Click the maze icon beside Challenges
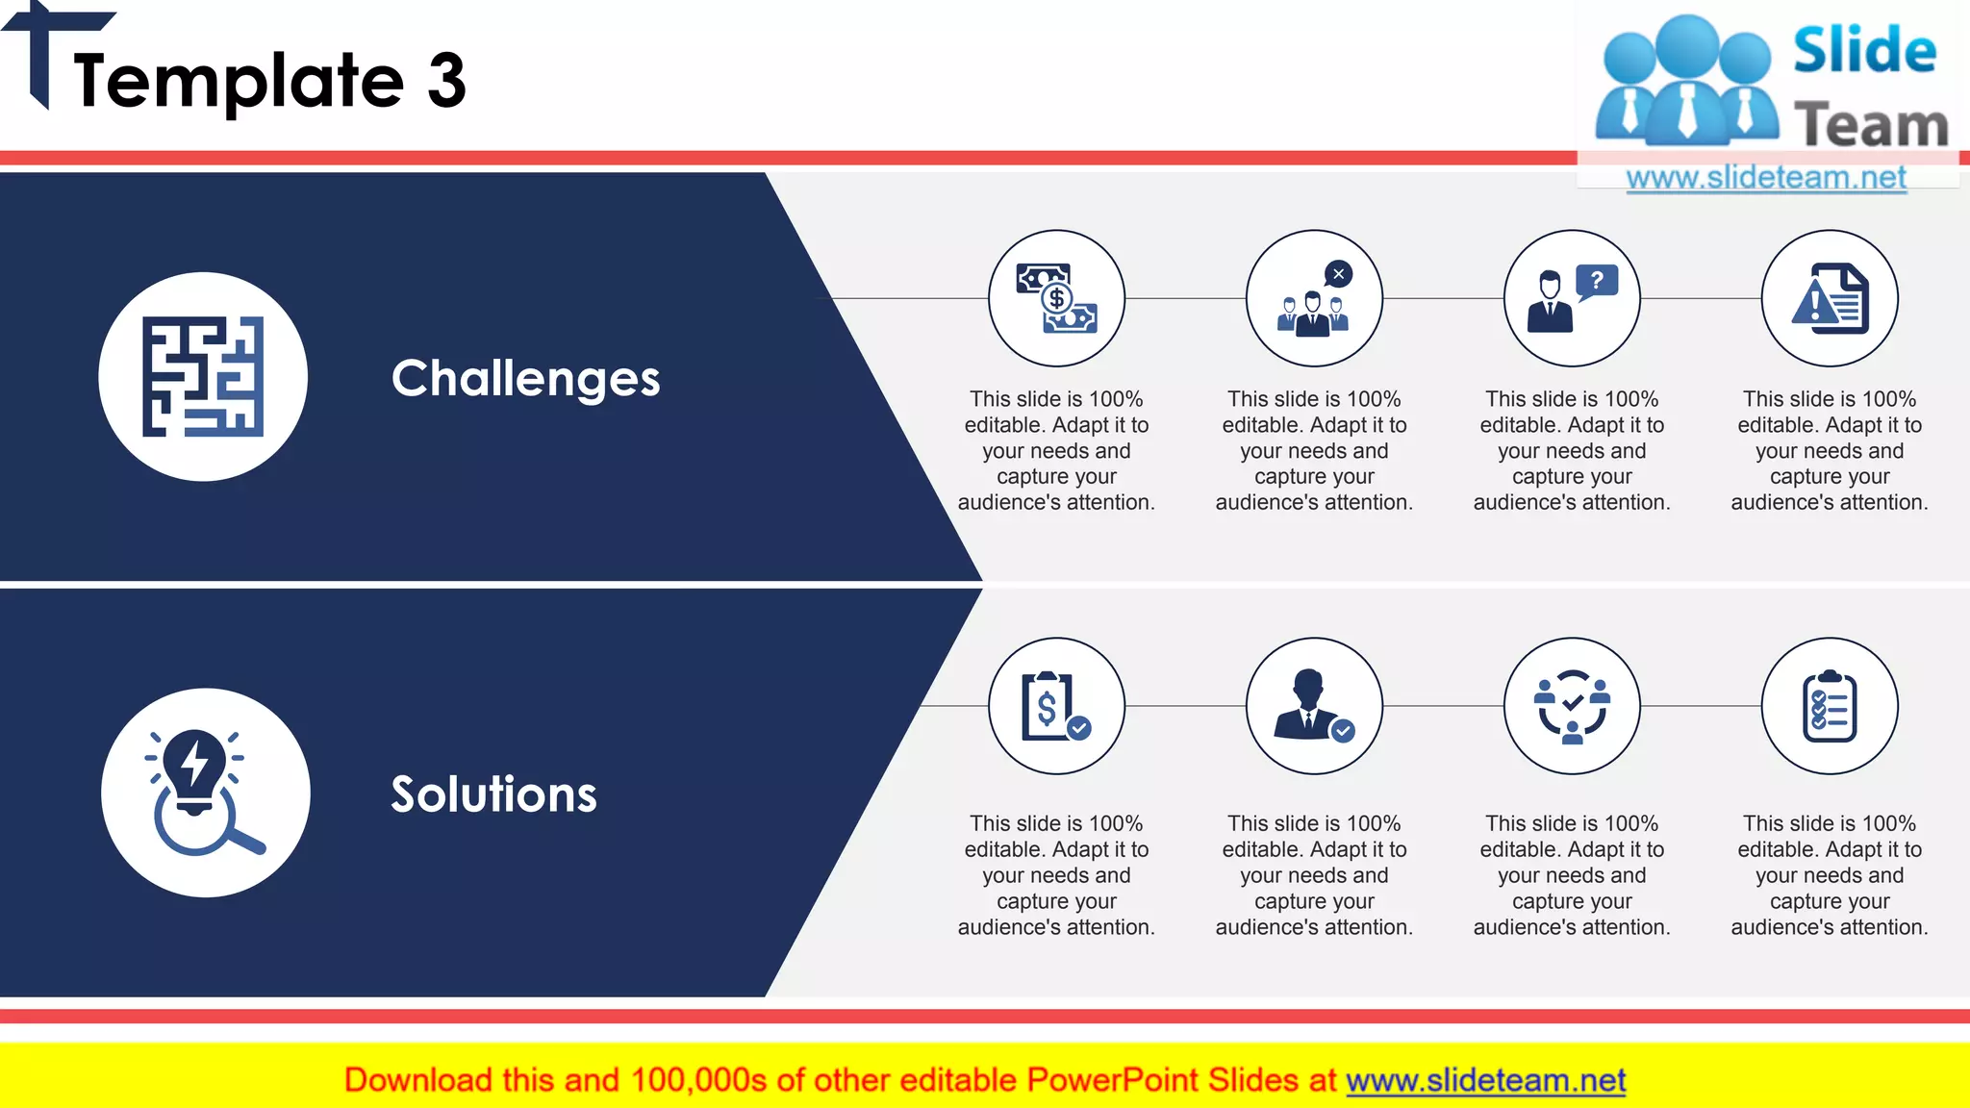pos(203,376)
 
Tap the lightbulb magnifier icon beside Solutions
pos(205,793)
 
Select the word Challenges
pos(525,378)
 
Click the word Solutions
pos(493,794)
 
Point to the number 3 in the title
pos(446,81)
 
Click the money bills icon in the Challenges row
pos(1056,298)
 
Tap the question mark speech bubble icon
pos(1572,298)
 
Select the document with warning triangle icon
pos(1830,298)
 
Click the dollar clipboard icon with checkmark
pos(1056,706)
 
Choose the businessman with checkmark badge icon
pos(1314,706)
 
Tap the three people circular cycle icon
pos(1572,706)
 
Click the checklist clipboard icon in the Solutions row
pos(1830,706)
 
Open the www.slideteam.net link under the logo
pos(1766,177)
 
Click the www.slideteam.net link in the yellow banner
pos(1485,1080)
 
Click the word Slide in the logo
pos(1864,50)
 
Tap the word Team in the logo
pos(1870,125)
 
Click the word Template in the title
pos(239,81)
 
